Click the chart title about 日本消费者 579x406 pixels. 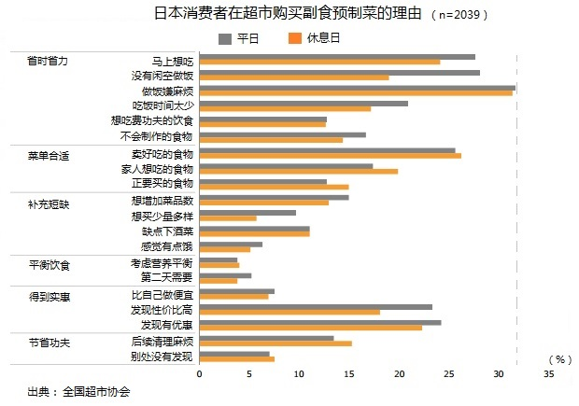point(289,14)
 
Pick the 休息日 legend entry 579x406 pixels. point(312,38)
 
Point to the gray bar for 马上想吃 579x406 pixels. point(337,57)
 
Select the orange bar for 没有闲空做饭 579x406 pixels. point(293,77)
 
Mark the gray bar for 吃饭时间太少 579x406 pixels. point(303,104)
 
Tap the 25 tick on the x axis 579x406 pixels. point(448,373)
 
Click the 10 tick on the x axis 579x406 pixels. point(299,373)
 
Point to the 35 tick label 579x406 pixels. point(548,373)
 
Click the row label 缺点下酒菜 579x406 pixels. point(167,231)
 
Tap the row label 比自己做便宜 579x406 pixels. point(162,294)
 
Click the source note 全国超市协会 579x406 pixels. point(96,391)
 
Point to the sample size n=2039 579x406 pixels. point(460,16)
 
